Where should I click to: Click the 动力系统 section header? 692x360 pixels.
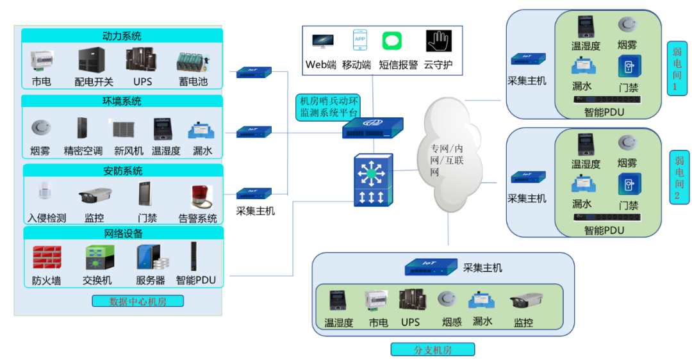click(x=122, y=36)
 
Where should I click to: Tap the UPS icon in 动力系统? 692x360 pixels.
click(x=142, y=60)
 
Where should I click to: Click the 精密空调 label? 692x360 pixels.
click(x=83, y=151)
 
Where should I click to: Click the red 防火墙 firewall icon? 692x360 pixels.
click(x=47, y=258)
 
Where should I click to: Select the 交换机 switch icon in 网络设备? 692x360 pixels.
click(x=99, y=258)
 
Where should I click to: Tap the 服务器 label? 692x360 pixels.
click(x=151, y=280)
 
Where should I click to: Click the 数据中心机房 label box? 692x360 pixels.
click(x=138, y=301)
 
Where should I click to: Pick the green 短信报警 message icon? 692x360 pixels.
click(x=392, y=41)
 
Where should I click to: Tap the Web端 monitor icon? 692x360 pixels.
click(x=322, y=41)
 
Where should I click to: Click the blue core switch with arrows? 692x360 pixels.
click(x=372, y=180)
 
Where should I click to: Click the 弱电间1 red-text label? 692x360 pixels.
click(x=677, y=69)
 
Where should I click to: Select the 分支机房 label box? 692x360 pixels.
click(x=432, y=350)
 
